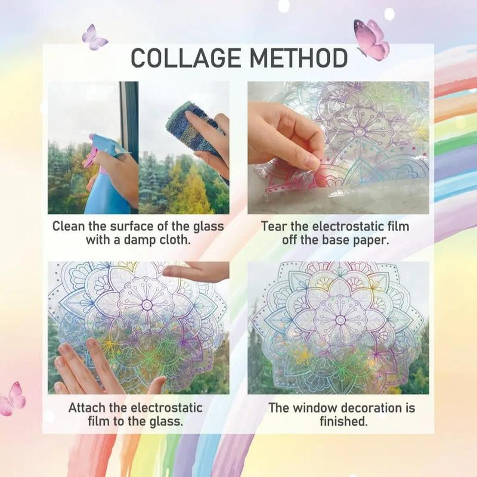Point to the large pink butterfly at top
371,39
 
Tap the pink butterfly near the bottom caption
13,398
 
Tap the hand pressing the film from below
89,367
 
